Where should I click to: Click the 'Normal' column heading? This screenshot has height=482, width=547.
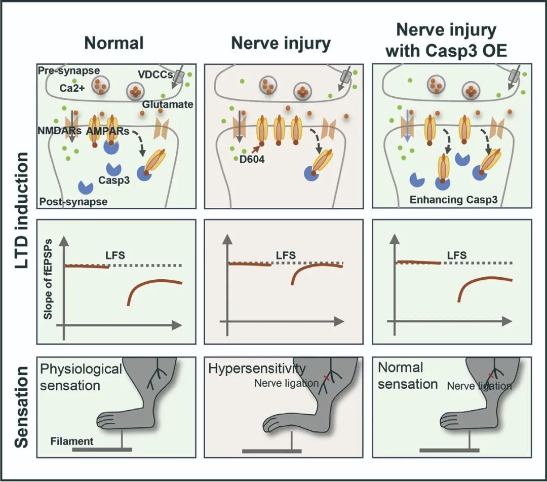[114, 43]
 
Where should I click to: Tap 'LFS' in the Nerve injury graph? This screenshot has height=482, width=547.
[285, 255]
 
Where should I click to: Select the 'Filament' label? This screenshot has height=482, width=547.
[72, 441]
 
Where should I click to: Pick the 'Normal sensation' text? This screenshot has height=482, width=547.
[408, 376]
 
